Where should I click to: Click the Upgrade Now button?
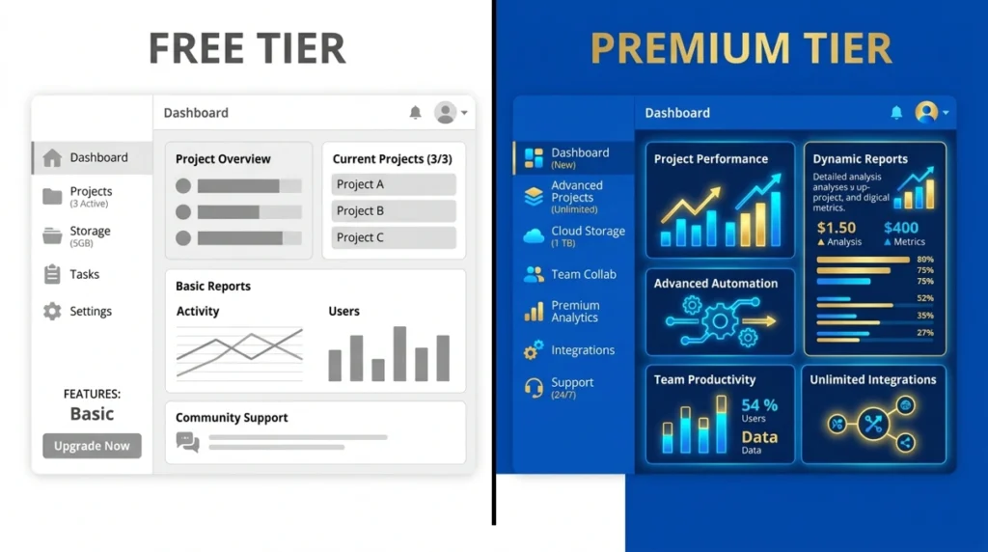(92, 446)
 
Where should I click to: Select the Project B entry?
(394, 211)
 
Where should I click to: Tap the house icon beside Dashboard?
(52, 158)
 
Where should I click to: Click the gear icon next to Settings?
(52, 312)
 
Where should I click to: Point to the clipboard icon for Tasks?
(52, 275)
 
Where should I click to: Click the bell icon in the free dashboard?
(415, 113)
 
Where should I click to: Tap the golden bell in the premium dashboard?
(896, 113)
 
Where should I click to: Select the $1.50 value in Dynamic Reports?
(837, 228)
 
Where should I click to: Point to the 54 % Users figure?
(758, 405)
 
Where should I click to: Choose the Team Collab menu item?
(583, 275)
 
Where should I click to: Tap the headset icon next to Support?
(534, 388)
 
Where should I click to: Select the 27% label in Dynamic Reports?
(925, 333)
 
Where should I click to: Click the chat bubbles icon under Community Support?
(187, 442)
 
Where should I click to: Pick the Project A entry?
(394, 184)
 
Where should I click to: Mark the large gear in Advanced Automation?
(720, 320)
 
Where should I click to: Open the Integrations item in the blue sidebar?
(583, 350)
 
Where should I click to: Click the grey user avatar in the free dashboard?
(445, 113)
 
